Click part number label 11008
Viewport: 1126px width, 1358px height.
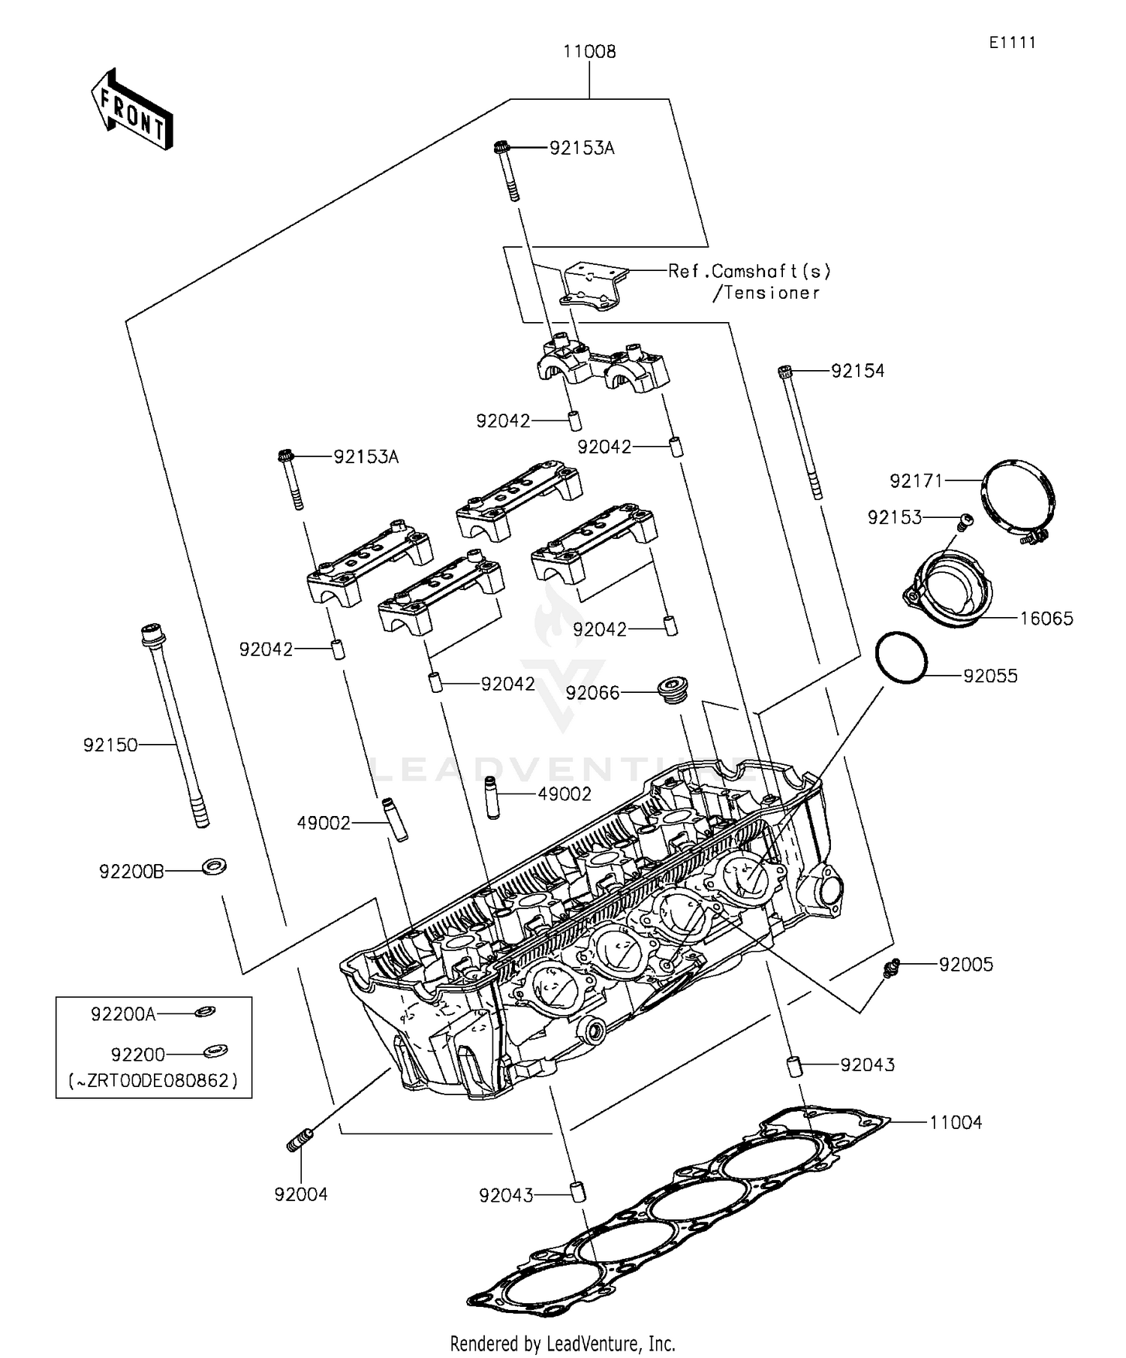[x=589, y=52]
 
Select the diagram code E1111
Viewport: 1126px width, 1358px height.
[x=1012, y=43]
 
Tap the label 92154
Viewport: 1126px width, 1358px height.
[x=857, y=371]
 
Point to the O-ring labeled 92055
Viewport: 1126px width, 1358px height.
[x=902, y=658]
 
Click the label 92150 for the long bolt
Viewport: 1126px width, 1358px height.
[x=110, y=745]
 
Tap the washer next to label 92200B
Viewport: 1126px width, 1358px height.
[x=215, y=868]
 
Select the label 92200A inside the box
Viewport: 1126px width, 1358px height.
[x=123, y=1014]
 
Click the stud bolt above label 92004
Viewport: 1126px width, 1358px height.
[x=300, y=1140]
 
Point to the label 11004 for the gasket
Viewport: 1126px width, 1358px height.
[x=955, y=1123]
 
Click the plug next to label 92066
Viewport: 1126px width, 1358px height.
[x=672, y=689]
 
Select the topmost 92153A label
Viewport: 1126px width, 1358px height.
[x=582, y=149]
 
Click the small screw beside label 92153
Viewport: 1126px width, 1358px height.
[x=965, y=519]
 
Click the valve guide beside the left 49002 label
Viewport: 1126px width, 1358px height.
[x=396, y=819]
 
